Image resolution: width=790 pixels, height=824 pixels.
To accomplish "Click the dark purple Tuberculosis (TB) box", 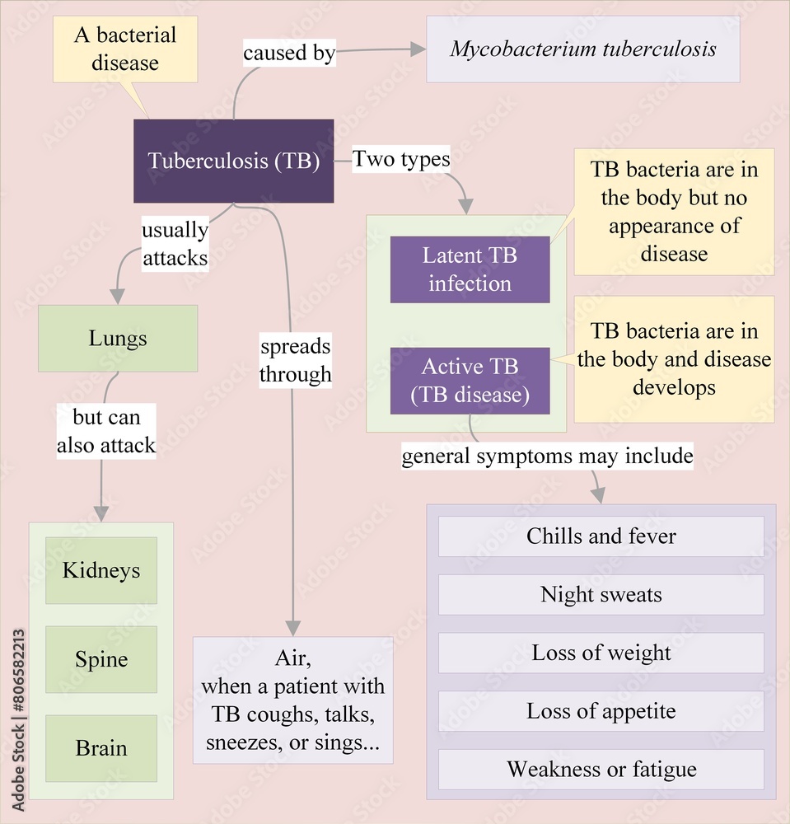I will [x=233, y=161].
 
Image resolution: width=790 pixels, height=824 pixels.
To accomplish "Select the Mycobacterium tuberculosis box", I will [x=582, y=49].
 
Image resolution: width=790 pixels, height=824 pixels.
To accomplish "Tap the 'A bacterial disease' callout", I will [x=125, y=49].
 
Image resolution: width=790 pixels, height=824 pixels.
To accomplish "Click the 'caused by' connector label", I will [x=288, y=54].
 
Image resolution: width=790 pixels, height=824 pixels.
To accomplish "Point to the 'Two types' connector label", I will [x=401, y=159].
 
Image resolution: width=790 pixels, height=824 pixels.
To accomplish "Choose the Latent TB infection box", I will [x=470, y=269].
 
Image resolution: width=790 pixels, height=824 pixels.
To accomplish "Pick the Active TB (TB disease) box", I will [x=470, y=380].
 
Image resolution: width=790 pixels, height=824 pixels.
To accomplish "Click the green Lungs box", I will [x=118, y=338].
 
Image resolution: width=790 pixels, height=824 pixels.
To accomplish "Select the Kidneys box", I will [x=101, y=570].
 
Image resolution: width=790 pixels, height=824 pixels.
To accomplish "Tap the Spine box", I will [x=101, y=659].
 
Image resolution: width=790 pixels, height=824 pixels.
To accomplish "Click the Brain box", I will [x=101, y=748].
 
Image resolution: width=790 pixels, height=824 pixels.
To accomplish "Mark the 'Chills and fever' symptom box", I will [x=601, y=536].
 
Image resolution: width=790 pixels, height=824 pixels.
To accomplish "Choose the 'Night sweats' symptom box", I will [x=601, y=595].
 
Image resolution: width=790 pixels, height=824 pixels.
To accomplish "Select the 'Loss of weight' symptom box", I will [x=601, y=653].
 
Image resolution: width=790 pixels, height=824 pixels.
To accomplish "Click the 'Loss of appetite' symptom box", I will [x=601, y=711].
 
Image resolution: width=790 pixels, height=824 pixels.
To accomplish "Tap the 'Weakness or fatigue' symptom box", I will [x=601, y=770].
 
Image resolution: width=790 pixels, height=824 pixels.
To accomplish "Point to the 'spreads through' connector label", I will [x=295, y=360].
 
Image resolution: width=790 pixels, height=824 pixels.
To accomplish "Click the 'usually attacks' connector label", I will [x=175, y=244].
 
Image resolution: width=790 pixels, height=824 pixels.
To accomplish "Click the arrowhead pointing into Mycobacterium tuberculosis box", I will [x=418, y=49].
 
